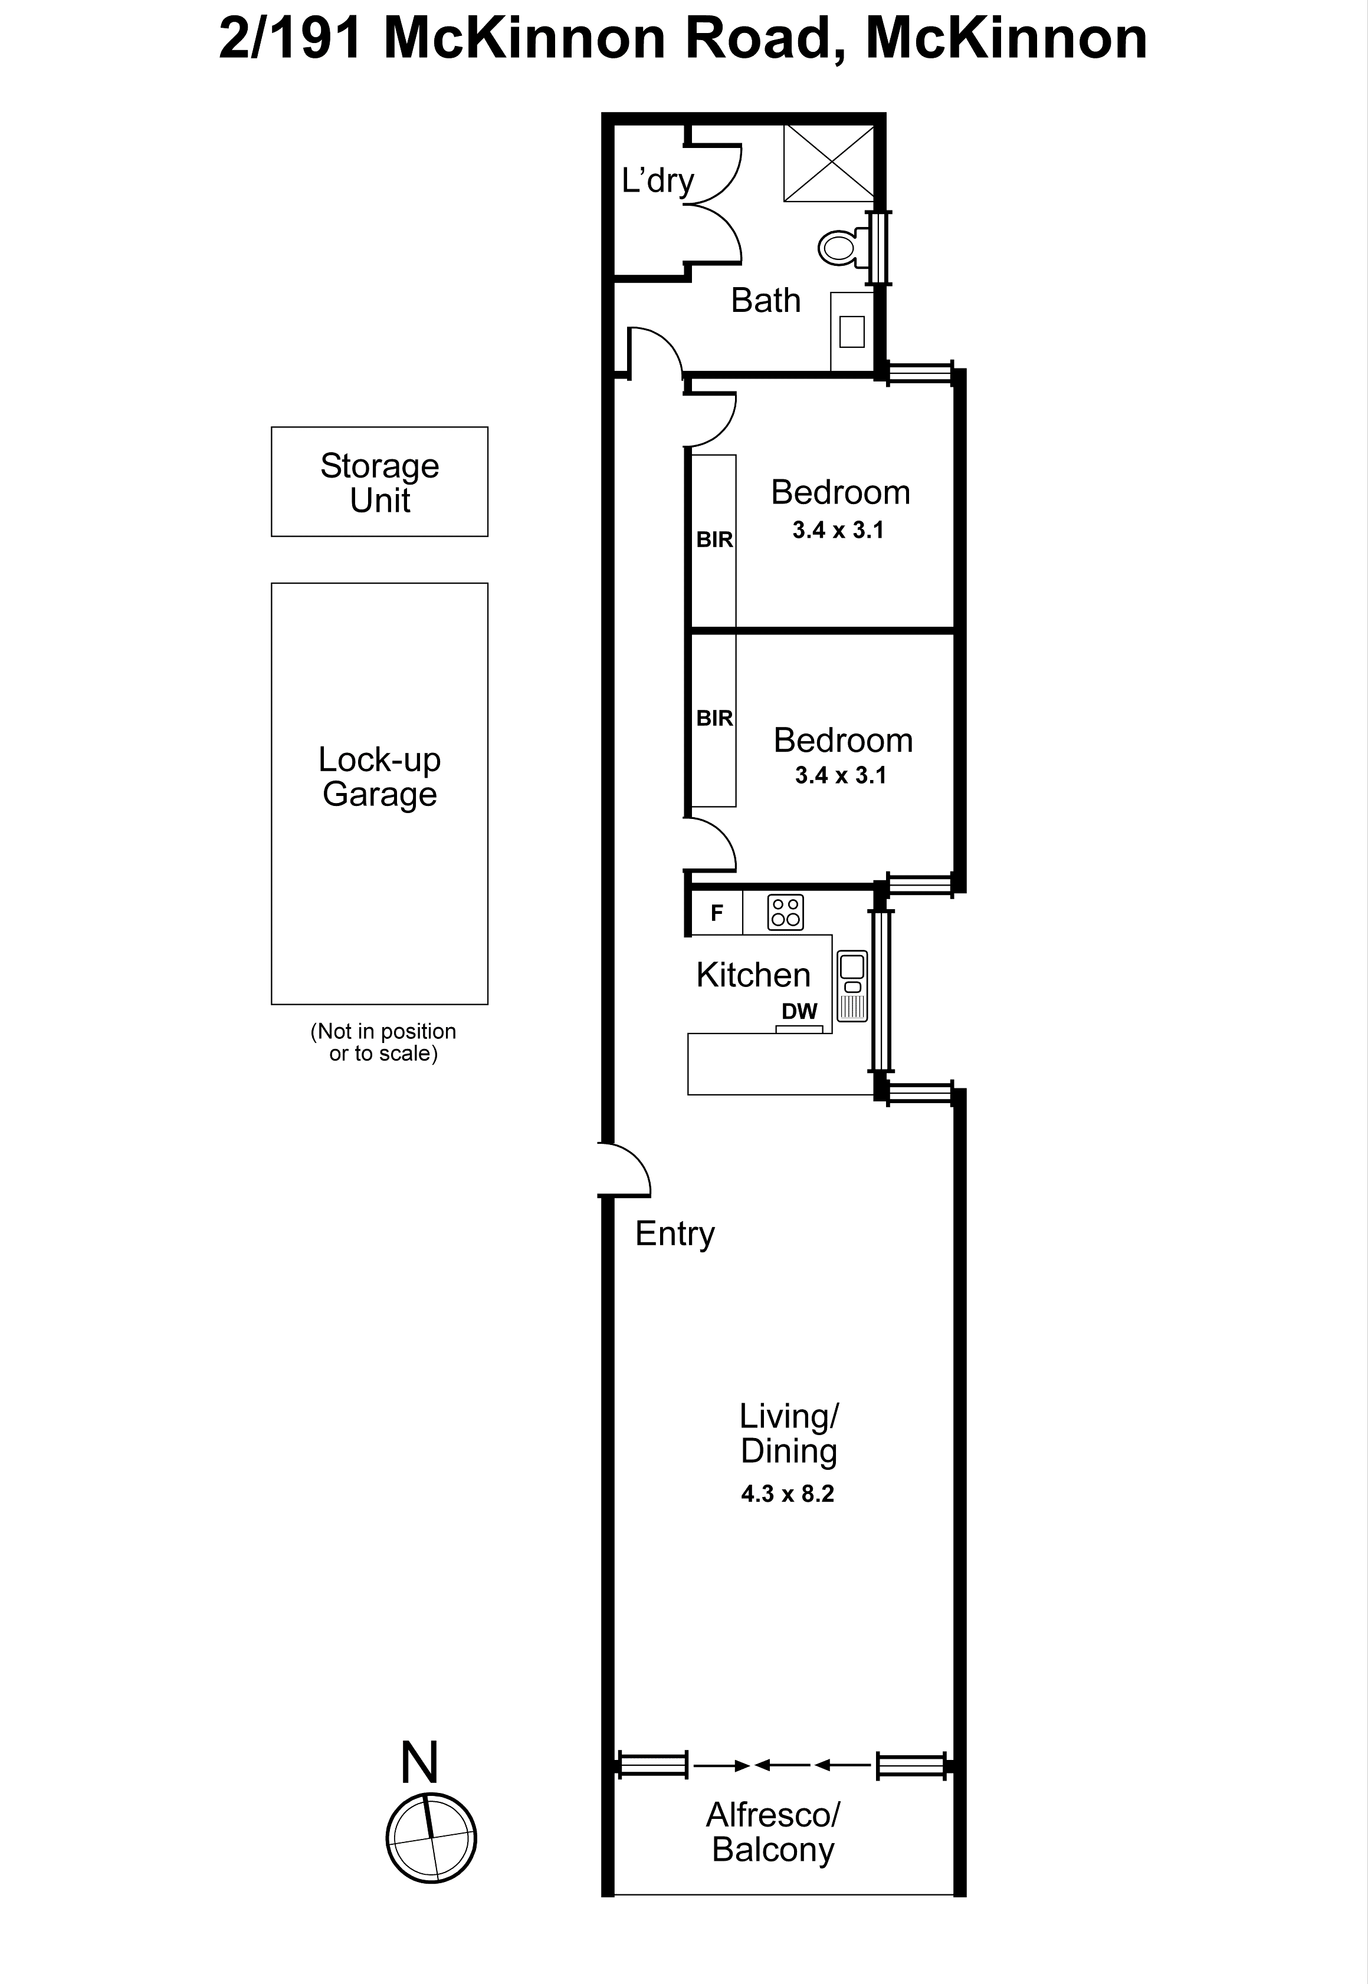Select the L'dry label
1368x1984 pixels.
[x=657, y=181]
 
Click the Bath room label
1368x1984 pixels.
[x=766, y=301]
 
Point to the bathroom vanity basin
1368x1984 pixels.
[x=851, y=331]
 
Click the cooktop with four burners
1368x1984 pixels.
[x=785, y=912]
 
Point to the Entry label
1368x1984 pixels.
[x=675, y=1233]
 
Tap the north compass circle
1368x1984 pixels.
[x=431, y=1838]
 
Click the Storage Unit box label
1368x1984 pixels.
[x=380, y=482]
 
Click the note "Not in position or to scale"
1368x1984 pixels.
[x=382, y=1042]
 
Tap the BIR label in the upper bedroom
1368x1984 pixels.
[x=714, y=539]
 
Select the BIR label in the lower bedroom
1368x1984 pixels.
[x=714, y=718]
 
